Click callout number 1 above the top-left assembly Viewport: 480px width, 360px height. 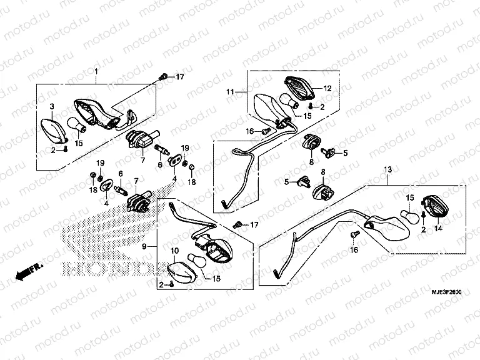tap(97, 72)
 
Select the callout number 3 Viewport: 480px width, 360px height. tap(52, 107)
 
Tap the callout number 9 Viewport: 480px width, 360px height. tap(144, 247)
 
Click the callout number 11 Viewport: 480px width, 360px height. tap(231, 92)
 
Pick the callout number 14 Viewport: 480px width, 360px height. tap(437, 229)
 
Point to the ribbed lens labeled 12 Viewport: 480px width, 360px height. tap(301, 87)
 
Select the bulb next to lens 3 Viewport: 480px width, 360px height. tap(77, 125)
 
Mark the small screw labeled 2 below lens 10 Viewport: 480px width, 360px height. tap(170, 285)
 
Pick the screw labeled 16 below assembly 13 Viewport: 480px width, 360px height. tap(355, 236)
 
